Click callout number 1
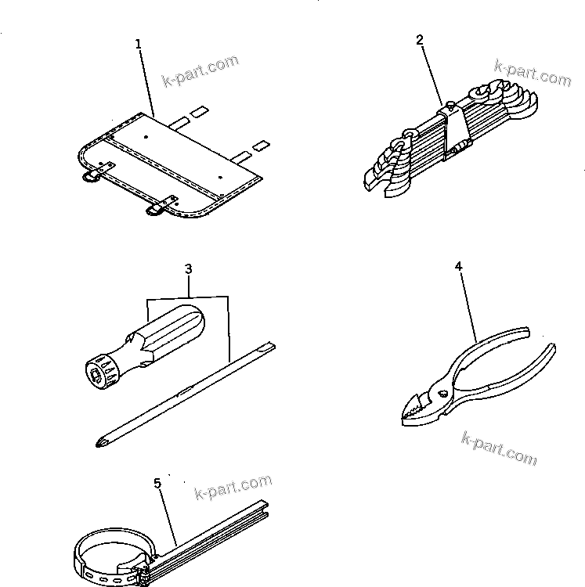pos(139,45)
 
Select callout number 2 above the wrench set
pos(420,39)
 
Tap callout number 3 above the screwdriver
pos(188,269)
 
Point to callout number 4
pos(458,267)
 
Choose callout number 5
pos(157,484)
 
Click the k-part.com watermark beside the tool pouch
pos(200,71)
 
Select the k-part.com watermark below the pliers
pos(499,448)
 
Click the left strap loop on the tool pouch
pos(92,175)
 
